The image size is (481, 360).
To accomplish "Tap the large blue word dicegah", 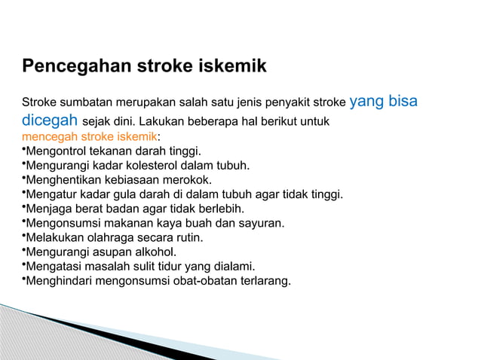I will (48, 120).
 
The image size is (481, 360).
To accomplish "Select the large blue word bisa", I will (402, 101).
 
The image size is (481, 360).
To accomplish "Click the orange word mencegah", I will (47, 137).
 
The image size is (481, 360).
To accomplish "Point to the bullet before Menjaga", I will (23, 209).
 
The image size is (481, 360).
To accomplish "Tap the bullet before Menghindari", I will (23, 280).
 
